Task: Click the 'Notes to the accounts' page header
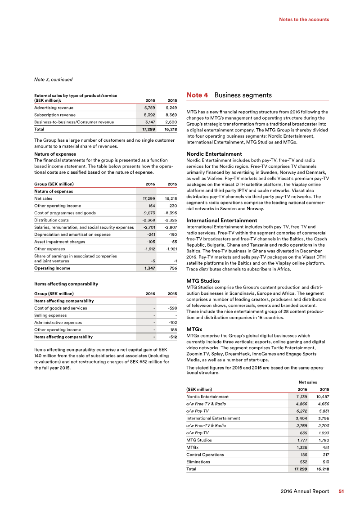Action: pos(304,19)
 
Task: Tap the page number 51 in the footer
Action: pos(341,491)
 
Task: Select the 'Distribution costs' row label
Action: pos(51,220)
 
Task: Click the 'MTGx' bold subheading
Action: pos(194,329)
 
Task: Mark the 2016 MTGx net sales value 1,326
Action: pos(301,447)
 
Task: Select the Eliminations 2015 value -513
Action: pos(323,461)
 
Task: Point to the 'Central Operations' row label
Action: pos(206,454)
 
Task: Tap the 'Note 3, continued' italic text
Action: pos(53,80)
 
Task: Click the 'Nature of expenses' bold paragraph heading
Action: pos(55,154)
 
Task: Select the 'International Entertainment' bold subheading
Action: pos(221,221)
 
